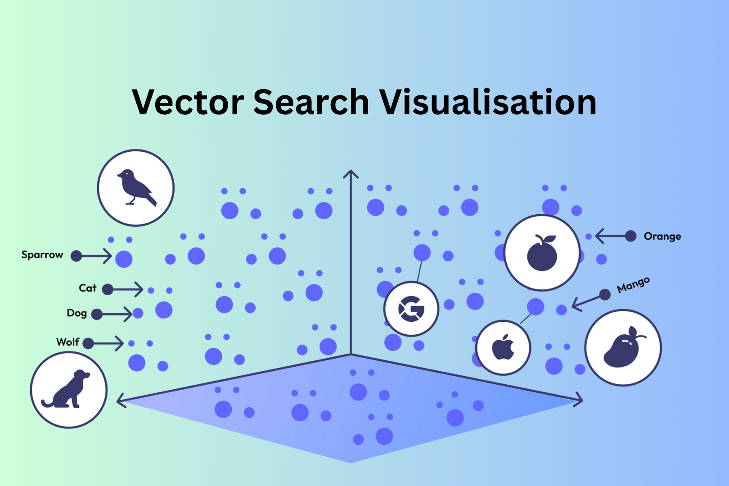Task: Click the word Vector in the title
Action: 188,102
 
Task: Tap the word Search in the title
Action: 311,102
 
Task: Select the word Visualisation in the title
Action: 488,102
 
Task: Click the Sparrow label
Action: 42,255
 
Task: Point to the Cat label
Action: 87,288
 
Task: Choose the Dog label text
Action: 76,313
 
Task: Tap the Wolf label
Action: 67,342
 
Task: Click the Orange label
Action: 662,236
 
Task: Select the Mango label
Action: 633,285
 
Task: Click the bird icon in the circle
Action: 136,188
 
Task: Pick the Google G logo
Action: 411,309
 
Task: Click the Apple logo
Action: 503,347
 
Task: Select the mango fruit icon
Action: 623,347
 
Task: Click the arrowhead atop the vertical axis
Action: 351,174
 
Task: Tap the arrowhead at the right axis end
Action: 579,399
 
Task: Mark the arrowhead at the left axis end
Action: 121,400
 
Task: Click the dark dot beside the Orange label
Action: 630,236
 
